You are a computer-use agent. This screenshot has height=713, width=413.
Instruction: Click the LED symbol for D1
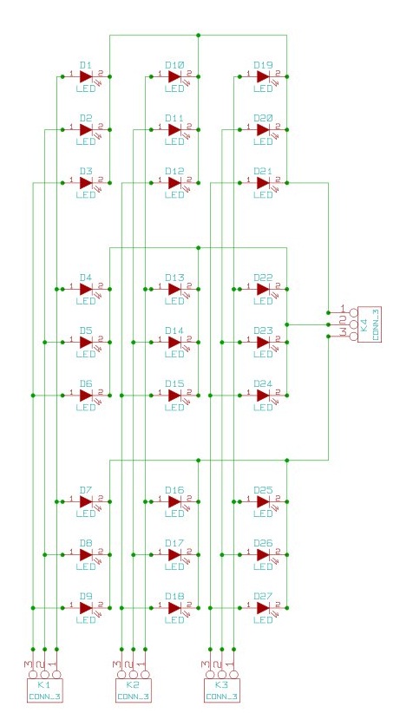click(86, 76)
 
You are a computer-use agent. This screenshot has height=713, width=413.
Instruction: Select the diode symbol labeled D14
click(174, 342)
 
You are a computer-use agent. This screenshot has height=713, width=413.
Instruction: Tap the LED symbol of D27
click(263, 608)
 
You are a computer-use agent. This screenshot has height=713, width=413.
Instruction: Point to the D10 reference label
click(174, 65)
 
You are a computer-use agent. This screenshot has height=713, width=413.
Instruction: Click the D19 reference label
click(263, 65)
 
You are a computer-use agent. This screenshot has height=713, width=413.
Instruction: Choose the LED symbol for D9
click(86, 608)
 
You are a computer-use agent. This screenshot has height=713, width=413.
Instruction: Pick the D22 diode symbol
click(263, 289)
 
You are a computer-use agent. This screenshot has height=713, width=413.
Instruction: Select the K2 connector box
click(133, 689)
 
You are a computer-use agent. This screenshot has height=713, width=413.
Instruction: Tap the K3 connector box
click(221, 689)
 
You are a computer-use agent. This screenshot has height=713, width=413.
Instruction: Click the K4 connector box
click(369, 324)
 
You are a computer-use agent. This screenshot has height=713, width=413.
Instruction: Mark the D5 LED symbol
click(86, 342)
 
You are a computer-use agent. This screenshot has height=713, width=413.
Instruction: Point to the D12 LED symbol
click(174, 183)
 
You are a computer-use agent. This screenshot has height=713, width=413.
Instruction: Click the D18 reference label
click(174, 596)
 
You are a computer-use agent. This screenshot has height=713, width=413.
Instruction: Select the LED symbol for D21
click(263, 183)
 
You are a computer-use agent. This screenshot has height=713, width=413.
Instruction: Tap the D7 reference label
click(86, 490)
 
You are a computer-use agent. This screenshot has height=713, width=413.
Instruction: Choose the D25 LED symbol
click(263, 501)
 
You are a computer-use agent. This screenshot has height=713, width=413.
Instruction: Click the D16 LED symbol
click(174, 501)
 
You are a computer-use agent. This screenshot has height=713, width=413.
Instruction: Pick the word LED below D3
click(86, 194)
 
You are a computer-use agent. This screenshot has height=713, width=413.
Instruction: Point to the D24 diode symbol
click(263, 395)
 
